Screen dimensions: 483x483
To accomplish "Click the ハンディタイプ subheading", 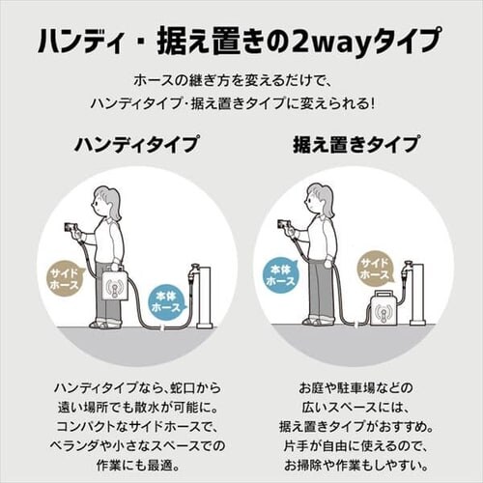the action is [x=136, y=144].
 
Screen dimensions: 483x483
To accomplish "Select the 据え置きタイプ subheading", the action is [x=355, y=144].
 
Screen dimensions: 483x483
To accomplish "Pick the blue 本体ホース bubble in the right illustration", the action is [x=281, y=274].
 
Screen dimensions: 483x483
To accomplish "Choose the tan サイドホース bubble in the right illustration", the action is [x=376, y=270].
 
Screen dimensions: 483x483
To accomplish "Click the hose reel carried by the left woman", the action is [x=116, y=283].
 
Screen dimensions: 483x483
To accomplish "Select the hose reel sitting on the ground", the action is [x=384, y=307].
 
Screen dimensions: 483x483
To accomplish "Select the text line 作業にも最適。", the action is [x=138, y=465].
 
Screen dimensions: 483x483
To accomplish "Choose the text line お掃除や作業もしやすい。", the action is [x=355, y=465].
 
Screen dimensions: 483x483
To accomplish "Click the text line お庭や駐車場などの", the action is [x=355, y=387].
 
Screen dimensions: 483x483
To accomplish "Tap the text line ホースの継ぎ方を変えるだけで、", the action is [x=230, y=81].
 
